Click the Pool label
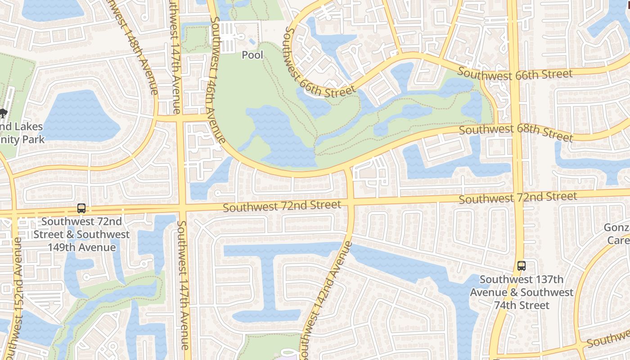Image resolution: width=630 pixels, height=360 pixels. click(252, 55)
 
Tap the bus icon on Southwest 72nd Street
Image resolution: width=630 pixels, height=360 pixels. click(81, 209)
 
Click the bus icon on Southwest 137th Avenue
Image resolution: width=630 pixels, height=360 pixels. click(521, 266)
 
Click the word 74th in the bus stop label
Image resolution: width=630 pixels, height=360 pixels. click(522, 306)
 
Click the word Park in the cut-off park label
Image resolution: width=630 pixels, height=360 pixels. click(33, 139)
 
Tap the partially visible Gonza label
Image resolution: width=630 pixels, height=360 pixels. click(617, 228)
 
